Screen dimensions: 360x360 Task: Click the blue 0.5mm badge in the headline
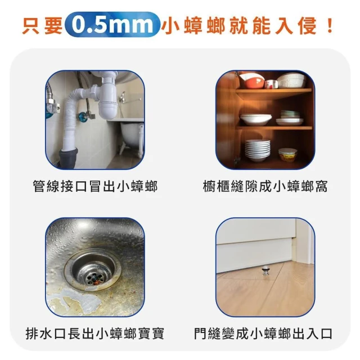[x=112, y=25]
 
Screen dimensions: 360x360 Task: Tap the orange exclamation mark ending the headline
[x=330, y=25]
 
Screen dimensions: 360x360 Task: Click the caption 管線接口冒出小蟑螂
[x=95, y=186]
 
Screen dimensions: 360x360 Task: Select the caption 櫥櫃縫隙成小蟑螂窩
[x=265, y=186]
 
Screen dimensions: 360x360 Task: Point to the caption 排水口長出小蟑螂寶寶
[x=95, y=334]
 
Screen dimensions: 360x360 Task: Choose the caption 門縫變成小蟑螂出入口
[x=263, y=334]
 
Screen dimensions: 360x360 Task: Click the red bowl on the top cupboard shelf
[x=253, y=81]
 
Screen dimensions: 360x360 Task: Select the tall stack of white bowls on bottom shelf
[x=257, y=150]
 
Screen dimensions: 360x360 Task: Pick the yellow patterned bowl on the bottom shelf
[x=287, y=155]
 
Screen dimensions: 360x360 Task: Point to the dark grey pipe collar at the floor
[x=69, y=158]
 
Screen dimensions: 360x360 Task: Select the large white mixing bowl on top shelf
[x=292, y=80]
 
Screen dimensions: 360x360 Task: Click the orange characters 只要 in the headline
[x=42, y=26]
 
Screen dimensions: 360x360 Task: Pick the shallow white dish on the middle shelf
[x=256, y=120]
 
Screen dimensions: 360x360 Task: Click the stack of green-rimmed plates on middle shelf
[x=290, y=114]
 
